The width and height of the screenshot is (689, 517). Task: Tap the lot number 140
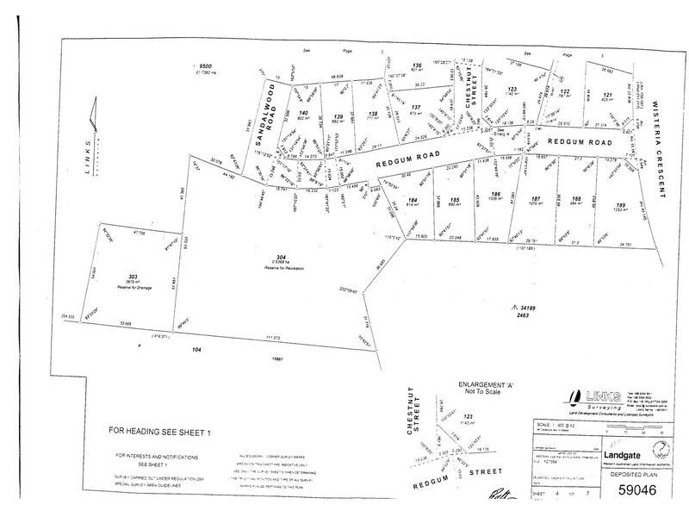click(x=303, y=113)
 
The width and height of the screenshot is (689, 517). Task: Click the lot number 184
click(x=413, y=200)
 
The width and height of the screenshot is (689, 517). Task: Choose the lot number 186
click(x=495, y=194)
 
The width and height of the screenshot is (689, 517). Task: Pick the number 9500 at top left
click(x=205, y=66)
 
